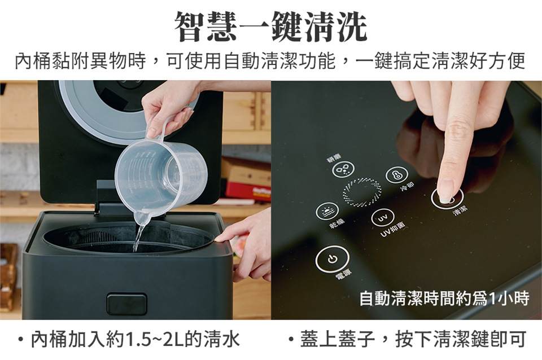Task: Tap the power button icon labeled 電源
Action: [332, 260]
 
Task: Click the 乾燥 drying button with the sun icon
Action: [327, 212]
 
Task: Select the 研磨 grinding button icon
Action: [343, 169]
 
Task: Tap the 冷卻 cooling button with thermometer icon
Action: [396, 175]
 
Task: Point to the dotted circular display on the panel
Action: [361, 192]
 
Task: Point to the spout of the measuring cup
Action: [142, 218]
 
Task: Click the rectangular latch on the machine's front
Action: [127, 304]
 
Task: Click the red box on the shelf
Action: [247, 191]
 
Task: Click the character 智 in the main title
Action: [189, 27]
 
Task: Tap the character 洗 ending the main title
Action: [352, 27]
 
